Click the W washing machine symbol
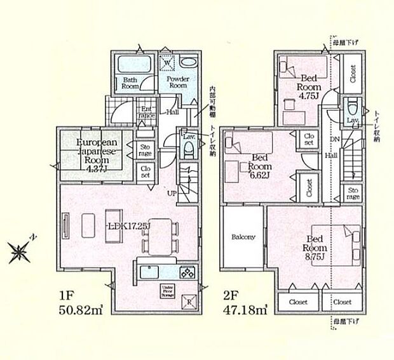click(x=168, y=63)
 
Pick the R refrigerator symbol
click(x=188, y=302)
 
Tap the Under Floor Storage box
click(x=168, y=291)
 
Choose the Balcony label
click(x=243, y=237)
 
